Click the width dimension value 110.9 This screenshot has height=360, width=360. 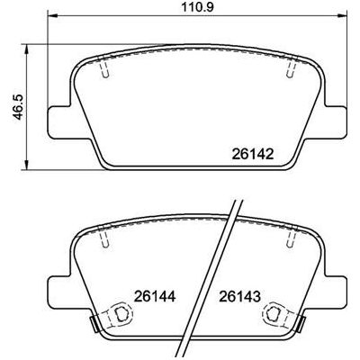tap(197, 7)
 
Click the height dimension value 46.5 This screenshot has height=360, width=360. tap(18, 108)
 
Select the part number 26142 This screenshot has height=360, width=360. tap(253, 155)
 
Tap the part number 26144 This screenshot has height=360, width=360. tap(155, 297)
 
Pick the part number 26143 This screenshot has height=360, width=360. tap(239, 297)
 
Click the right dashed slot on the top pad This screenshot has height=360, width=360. tap(291, 67)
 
